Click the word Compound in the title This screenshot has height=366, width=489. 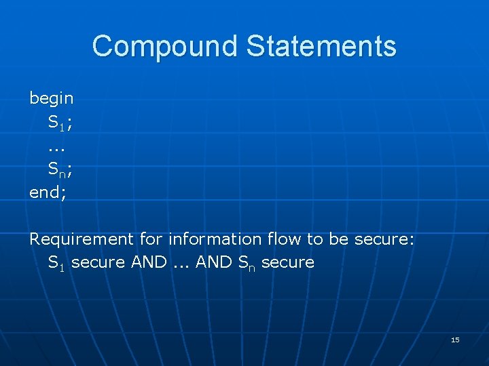[165, 46]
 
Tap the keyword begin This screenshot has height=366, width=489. [52, 98]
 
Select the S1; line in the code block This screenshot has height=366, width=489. [60, 123]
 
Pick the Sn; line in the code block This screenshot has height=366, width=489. [60, 169]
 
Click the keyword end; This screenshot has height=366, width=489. [48, 192]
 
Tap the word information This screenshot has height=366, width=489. [215, 239]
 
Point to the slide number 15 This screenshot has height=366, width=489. [455, 340]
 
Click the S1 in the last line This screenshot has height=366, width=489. [56, 263]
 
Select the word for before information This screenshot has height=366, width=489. [151, 239]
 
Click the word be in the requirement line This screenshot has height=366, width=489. [338, 239]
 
